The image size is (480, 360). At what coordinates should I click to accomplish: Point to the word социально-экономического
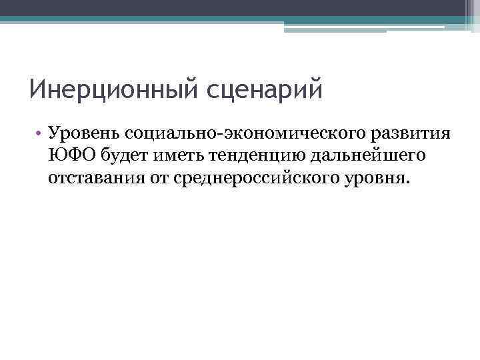point(251,133)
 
